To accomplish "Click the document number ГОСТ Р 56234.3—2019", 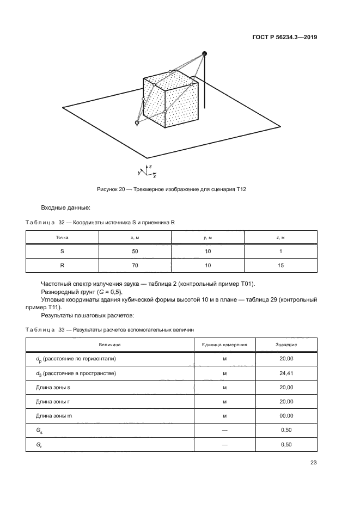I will pos(286,38).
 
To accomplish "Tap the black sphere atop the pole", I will pos(205,53).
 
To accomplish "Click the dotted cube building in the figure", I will pos(170,102).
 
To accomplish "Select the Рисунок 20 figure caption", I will pos(172,188).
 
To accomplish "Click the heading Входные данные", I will pos(65,207).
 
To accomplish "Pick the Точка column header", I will pos(62,238).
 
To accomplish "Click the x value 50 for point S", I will pos(135,252).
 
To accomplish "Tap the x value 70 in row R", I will pos(135,266).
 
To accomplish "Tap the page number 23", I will pos(313,463).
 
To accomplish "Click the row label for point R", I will pos(62,266).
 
